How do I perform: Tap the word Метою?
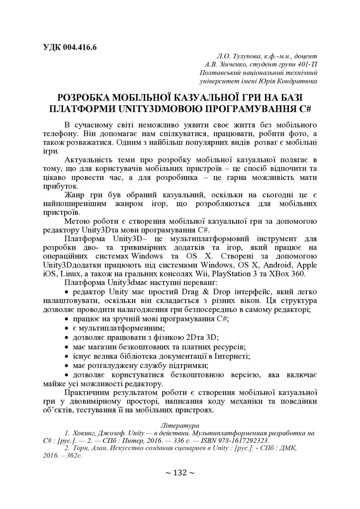[78, 221]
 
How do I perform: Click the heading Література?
[180, 425]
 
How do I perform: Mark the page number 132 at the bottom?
[180, 473]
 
